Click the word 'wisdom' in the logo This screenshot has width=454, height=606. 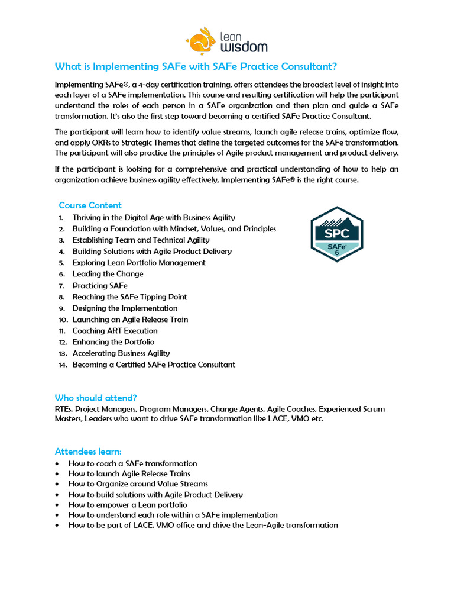244,46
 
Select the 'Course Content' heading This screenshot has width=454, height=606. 90,205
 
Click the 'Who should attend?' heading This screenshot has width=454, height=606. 95,398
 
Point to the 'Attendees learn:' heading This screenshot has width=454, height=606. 87,452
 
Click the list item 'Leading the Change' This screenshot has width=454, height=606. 108,274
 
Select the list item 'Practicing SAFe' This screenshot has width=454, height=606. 99,285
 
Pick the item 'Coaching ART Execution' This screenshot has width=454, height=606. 115,331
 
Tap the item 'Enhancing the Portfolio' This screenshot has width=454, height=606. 113,342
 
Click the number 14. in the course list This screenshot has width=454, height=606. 63,365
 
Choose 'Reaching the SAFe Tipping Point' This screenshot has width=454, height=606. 129,297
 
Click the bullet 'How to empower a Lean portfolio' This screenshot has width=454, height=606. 128,505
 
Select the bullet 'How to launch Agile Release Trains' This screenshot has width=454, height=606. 129,474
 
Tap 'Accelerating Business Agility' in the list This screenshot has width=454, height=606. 121,353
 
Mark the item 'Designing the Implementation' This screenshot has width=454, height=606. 125,308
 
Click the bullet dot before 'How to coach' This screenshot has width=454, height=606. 56,464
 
